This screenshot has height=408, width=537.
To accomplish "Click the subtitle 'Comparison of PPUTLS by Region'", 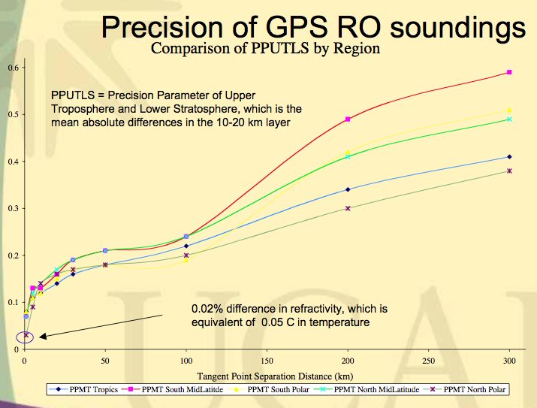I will (x=265, y=48).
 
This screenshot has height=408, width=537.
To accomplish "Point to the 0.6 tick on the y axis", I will (x=11, y=68).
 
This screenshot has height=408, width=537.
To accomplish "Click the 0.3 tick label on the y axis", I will (x=11, y=208).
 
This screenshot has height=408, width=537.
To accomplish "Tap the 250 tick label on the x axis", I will (x=428, y=360).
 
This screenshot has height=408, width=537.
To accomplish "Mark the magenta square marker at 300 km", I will (x=509, y=72).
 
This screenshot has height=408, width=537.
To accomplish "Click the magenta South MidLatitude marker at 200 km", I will (x=348, y=119).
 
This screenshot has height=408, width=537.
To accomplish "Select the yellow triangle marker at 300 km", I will (x=509, y=110).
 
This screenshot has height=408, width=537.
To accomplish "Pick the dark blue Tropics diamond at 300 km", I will (x=509, y=156).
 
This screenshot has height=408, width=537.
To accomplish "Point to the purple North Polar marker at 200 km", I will (x=348, y=208).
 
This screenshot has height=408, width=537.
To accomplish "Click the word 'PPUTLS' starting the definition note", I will (x=71, y=96).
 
